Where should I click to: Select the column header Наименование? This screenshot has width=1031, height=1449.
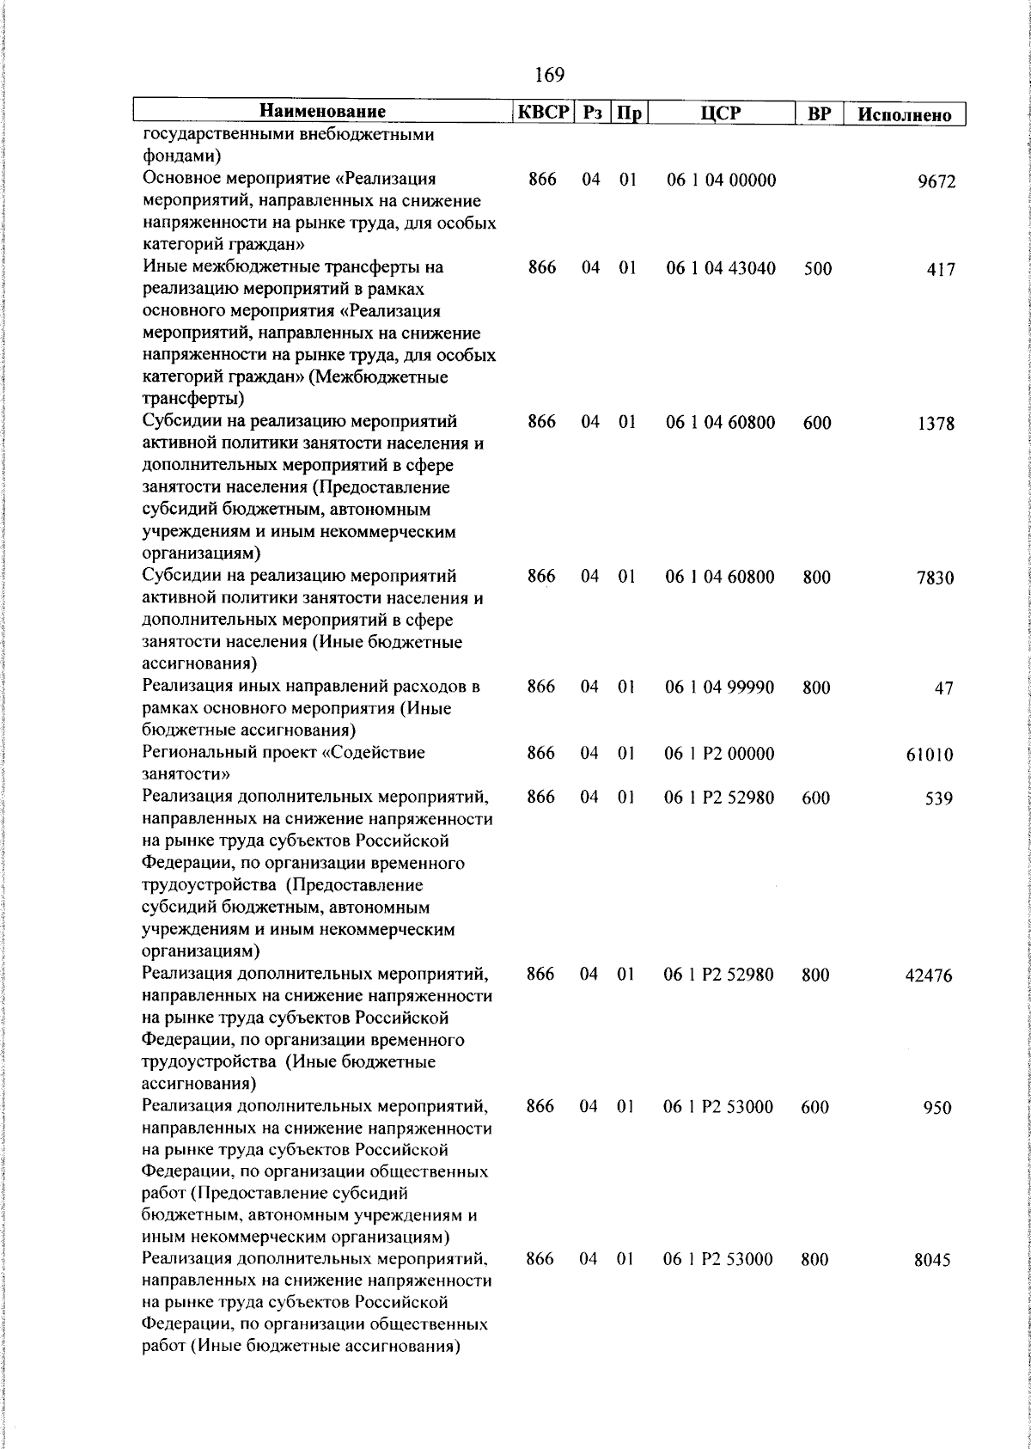coord(323,112)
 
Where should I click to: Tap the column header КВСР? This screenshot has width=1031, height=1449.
coord(543,112)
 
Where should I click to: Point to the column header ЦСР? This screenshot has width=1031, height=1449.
coord(720,113)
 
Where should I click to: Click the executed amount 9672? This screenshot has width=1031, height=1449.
coord(936,182)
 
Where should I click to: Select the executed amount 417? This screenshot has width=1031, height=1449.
coord(941,270)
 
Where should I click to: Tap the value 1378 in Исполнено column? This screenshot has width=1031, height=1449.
coord(936,424)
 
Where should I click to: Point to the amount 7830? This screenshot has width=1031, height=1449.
coord(935,578)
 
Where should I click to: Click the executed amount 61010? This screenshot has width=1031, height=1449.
coord(930,755)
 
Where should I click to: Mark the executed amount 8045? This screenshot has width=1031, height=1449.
coord(932,1261)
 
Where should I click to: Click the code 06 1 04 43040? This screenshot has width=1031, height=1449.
coord(721,268)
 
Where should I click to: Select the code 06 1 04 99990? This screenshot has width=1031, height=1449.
coord(720,687)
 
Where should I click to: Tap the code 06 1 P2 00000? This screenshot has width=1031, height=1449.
coord(719,754)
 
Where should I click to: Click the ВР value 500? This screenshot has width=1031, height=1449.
coord(818,269)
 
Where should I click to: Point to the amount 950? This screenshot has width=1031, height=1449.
coord(936,1108)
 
